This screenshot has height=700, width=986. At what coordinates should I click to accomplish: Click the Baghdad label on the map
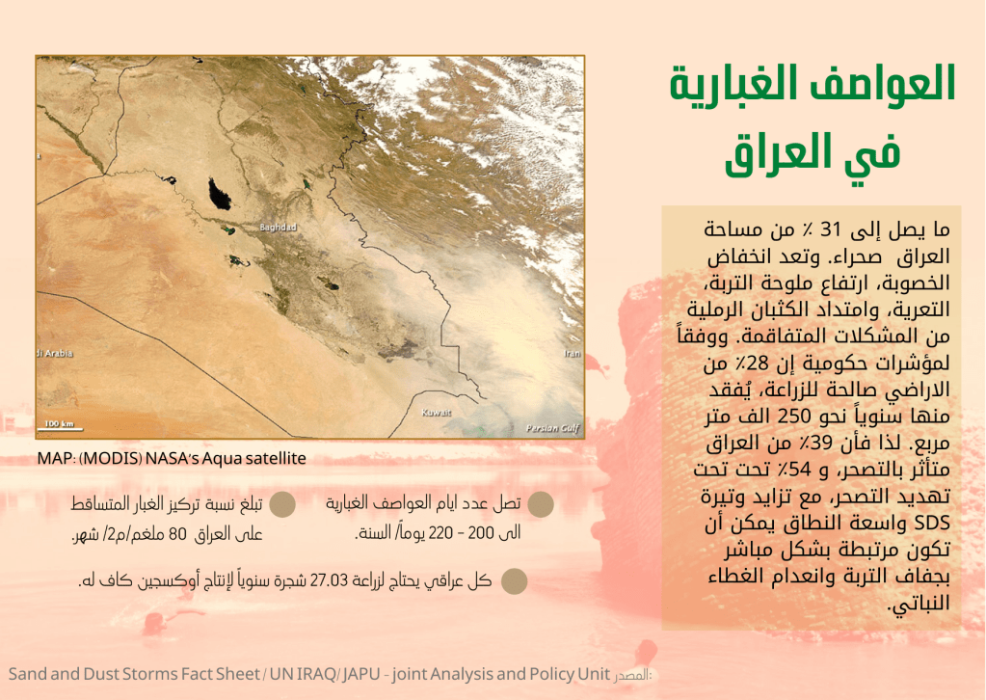(278, 227)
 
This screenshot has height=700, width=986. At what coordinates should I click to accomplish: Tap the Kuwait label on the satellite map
(437, 413)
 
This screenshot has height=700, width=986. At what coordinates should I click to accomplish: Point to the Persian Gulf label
(552, 428)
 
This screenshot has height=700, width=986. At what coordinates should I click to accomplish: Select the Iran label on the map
(573, 353)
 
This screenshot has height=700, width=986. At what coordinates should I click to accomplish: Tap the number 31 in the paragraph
(831, 229)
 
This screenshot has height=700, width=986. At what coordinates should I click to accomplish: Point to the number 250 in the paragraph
(793, 417)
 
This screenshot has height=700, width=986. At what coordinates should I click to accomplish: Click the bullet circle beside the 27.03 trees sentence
(514, 581)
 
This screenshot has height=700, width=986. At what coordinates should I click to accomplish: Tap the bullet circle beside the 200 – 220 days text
(540, 503)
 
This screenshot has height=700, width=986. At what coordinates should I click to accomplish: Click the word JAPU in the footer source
(361, 674)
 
